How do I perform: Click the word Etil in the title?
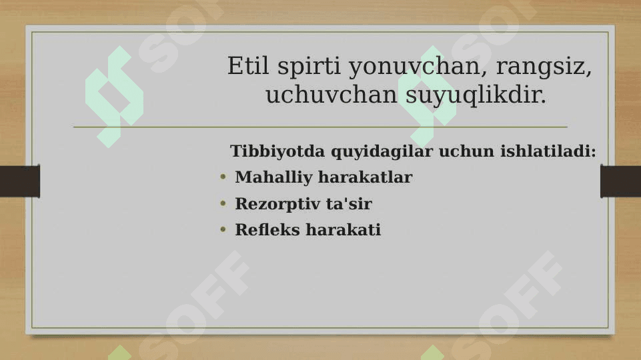click(248, 65)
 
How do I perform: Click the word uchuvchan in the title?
click(332, 95)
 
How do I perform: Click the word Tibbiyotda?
click(277, 151)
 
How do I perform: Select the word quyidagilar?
click(382, 152)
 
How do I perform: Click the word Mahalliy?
click(273, 178)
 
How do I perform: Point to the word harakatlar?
click(366, 177)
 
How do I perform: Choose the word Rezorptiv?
click(277, 204)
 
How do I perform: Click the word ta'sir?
click(349, 203)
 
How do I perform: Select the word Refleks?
click(267, 229)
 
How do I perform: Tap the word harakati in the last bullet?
click(344, 229)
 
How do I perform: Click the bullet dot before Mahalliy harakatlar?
click(223, 177)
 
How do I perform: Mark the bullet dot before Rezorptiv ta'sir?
click(223, 203)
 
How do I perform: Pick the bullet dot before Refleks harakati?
click(223, 229)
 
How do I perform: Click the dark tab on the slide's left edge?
click(20, 181)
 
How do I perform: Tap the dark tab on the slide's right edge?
click(620, 181)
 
